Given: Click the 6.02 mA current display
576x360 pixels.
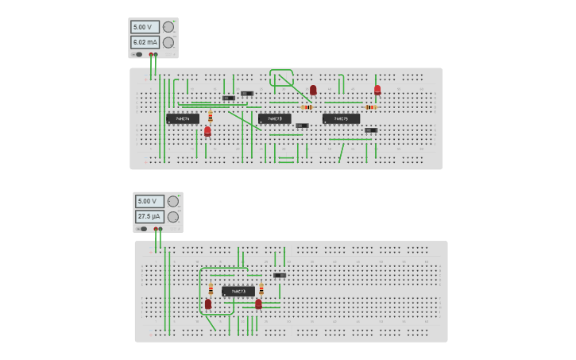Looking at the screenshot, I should point(145,42).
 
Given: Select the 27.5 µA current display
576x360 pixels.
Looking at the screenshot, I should point(149,216).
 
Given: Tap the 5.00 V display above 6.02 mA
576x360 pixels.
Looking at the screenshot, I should point(145,27).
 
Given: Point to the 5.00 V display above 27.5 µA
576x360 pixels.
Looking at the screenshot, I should point(149,201).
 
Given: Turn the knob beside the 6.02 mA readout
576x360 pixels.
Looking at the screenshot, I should point(168,42).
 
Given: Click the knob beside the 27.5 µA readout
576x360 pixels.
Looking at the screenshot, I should point(173,216).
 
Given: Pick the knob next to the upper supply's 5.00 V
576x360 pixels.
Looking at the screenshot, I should point(168,27).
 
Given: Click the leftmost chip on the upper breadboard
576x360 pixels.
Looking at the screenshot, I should point(183,118).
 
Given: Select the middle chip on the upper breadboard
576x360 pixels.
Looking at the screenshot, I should point(275,118).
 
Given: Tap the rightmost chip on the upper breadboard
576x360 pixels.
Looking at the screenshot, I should point(341,118).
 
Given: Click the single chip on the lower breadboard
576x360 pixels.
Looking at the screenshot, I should point(238,292).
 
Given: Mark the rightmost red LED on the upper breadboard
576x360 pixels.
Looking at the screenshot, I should point(377,90).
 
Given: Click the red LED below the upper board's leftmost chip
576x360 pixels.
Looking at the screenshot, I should point(207,131).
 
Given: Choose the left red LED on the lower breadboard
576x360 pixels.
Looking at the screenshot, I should point(208,304).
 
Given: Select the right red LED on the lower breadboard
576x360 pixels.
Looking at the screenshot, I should point(258,304).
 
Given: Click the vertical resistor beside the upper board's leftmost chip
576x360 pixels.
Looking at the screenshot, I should point(211,117).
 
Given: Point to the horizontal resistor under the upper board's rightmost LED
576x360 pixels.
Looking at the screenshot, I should point(369,107).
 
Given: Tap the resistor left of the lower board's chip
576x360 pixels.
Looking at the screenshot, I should point(211,290).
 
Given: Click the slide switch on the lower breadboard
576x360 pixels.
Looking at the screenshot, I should point(280,276).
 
